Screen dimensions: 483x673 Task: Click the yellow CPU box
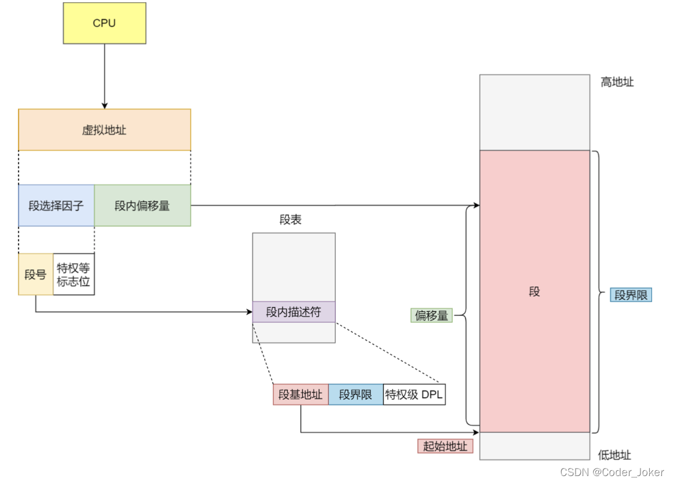tap(104, 23)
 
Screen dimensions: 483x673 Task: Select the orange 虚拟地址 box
tap(104, 130)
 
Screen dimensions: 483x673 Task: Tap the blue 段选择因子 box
tap(56, 206)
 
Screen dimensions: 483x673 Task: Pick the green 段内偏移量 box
tap(142, 206)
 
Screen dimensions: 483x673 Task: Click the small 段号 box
tap(35, 274)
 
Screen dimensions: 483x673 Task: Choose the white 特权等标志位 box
tap(74, 274)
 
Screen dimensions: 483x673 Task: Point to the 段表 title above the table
tap(290, 220)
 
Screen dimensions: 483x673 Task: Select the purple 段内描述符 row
tap(294, 312)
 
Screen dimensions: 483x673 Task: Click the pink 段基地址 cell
tap(300, 394)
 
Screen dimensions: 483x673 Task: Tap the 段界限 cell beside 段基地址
tap(355, 394)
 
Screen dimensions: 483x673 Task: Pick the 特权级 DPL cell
tap(414, 394)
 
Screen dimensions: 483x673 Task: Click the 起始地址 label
tap(445, 446)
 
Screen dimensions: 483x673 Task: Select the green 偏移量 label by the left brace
tap(431, 316)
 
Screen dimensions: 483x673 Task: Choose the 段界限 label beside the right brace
tap(631, 295)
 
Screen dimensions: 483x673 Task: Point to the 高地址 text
tap(617, 82)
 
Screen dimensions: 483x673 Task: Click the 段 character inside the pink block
tap(534, 291)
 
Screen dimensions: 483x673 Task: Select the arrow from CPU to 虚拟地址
tap(105, 75)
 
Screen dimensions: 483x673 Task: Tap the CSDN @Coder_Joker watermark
tap(612, 472)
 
